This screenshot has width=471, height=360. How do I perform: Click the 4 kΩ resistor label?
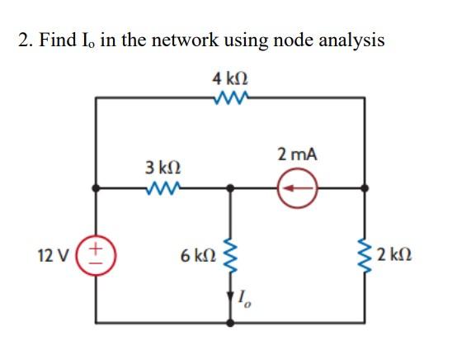click(x=230, y=80)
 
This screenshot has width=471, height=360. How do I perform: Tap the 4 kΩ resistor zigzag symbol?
click(x=230, y=98)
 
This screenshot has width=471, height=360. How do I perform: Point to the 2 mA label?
click(x=298, y=154)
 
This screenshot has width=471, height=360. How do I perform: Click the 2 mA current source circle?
click(x=298, y=188)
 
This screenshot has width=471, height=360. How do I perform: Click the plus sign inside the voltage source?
click(x=97, y=246)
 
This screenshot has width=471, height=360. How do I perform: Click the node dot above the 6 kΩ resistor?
click(x=230, y=188)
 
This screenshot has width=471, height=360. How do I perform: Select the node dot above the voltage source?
click(x=97, y=188)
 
